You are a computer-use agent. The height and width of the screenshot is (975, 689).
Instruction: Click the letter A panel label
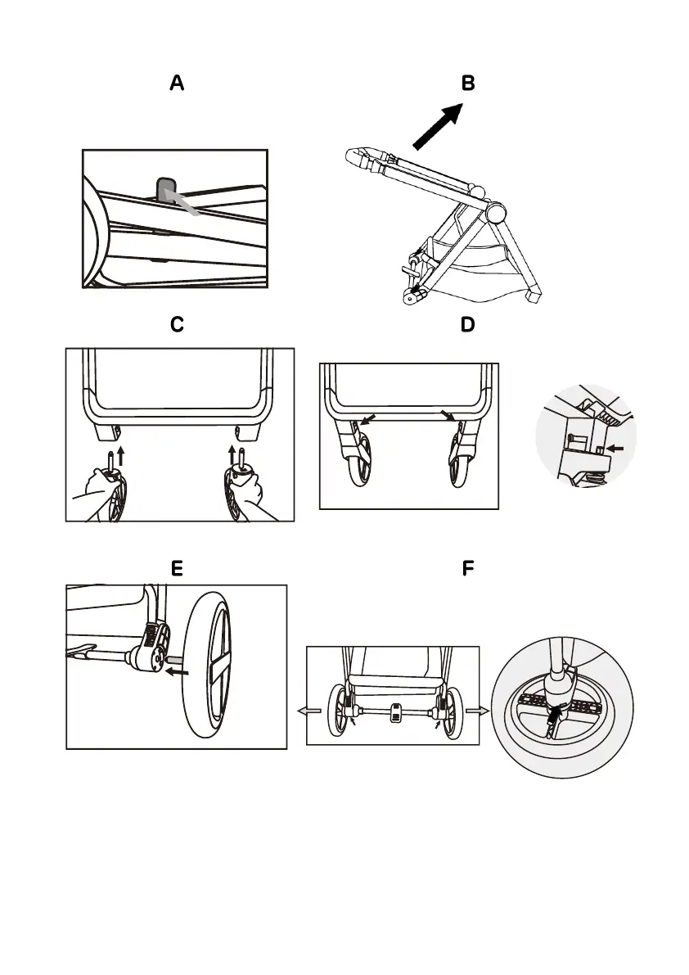pos(177,84)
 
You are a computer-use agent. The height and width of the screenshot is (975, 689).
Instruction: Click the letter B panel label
pos(468,84)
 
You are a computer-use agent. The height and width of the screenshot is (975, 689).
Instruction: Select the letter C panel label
pos(177,325)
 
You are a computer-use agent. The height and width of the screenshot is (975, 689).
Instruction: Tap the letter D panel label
pos(468,325)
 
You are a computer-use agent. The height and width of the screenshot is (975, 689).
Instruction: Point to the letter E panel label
pos(177,568)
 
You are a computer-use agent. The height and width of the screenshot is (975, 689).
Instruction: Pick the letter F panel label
pos(468,568)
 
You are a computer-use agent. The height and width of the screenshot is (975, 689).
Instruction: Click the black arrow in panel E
pos(177,672)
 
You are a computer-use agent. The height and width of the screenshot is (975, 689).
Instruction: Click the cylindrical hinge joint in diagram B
pos(494,213)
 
